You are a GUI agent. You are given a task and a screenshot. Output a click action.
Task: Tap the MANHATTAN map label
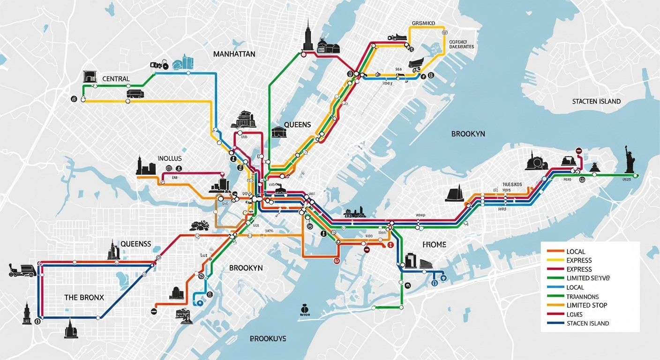(x=234, y=54)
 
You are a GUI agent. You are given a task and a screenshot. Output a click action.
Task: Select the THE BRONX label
(x=84, y=297)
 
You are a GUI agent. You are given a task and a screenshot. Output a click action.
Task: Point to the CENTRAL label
(x=116, y=79)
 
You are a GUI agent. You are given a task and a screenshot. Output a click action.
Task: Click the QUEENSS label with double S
(x=136, y=244)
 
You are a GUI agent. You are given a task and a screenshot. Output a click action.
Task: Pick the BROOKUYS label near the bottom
(x=268, y=338)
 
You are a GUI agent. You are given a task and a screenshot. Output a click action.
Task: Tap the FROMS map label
(x=434, y=245)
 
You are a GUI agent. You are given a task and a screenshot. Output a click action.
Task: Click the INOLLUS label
(x=170, y=158)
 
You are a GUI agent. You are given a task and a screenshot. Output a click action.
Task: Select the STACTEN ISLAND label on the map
(x=596, y=101)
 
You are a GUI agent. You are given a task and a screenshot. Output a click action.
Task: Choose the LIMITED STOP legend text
(x=586, y=305)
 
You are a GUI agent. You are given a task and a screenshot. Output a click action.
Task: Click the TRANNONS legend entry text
(x=582, y=296)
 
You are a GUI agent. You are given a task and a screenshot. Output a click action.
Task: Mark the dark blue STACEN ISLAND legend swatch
(x=555, y=323)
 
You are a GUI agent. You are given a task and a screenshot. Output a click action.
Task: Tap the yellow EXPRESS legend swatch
(x=555, y=260)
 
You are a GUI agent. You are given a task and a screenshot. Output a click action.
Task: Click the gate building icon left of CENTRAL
(x=90, y=76)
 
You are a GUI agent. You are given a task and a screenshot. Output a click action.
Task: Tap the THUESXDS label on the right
(x=512, y=184)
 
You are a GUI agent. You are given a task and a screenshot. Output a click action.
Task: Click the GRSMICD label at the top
(x=424, y=22)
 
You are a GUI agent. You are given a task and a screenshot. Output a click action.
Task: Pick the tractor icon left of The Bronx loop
(x=22, y=270)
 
